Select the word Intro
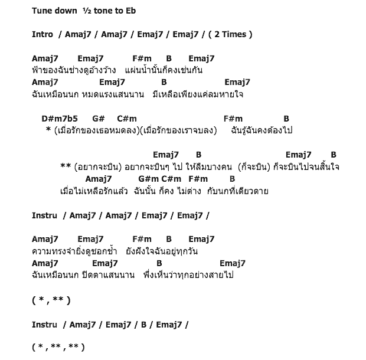tap(43, 34)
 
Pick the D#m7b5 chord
tap(60, 119)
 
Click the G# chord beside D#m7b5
tap(98, 119)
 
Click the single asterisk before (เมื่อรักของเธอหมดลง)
tap(47, 130)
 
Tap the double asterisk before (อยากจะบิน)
tap(66, 166)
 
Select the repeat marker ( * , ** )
tap(51, 300)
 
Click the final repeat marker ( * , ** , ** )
tap(58, 346)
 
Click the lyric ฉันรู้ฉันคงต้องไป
tap(262, 130)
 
